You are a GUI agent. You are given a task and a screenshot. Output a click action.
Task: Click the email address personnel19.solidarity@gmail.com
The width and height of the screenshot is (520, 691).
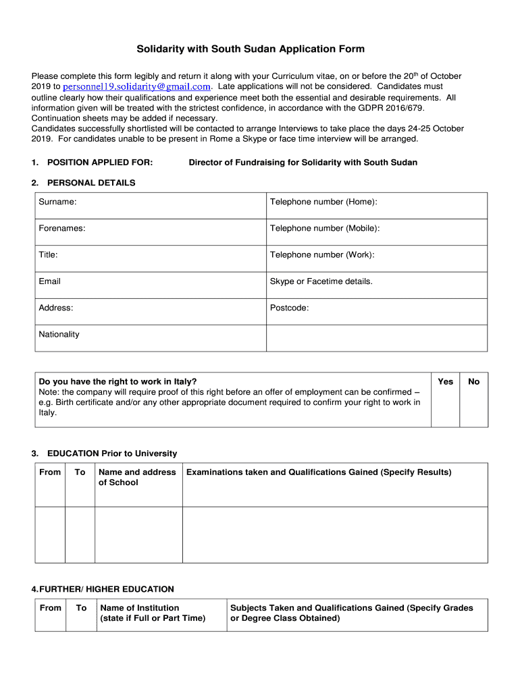pos(137,87)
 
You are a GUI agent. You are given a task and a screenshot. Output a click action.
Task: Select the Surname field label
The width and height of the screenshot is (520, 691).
pos(57,202)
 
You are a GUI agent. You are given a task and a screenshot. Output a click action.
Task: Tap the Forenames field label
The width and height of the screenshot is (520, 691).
pos(62,228)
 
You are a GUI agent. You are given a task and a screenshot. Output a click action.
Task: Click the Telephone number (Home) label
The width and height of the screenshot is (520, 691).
pos(323,202)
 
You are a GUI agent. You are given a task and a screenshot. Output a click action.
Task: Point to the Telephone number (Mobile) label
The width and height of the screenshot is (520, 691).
pos(325,228)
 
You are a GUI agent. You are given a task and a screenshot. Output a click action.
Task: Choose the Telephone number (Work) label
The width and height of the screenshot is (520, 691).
pos(322,254)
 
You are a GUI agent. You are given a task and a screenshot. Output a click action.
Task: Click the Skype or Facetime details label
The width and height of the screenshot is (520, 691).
pos(321,281)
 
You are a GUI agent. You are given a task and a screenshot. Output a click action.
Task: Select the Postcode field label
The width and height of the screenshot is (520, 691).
pos(289,308)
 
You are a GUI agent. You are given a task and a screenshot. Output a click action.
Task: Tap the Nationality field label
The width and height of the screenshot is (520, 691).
pos(59,334)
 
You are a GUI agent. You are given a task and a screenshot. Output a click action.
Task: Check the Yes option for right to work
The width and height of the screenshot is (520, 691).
pos(445,382)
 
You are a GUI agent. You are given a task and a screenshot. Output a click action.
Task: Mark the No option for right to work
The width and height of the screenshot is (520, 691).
pos(473,382)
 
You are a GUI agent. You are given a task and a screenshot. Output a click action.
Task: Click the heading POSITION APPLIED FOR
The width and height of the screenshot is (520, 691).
pos(99,163)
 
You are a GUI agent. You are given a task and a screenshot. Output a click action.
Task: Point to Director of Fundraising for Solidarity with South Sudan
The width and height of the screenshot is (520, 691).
pos(303,163)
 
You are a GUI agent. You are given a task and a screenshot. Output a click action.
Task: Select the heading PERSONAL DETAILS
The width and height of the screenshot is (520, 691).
pos(90,183)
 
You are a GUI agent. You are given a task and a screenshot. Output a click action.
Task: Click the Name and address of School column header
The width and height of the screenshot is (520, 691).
pos(137,477)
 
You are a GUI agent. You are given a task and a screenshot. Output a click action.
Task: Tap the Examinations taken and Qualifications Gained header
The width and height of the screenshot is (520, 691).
pos(319,472)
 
